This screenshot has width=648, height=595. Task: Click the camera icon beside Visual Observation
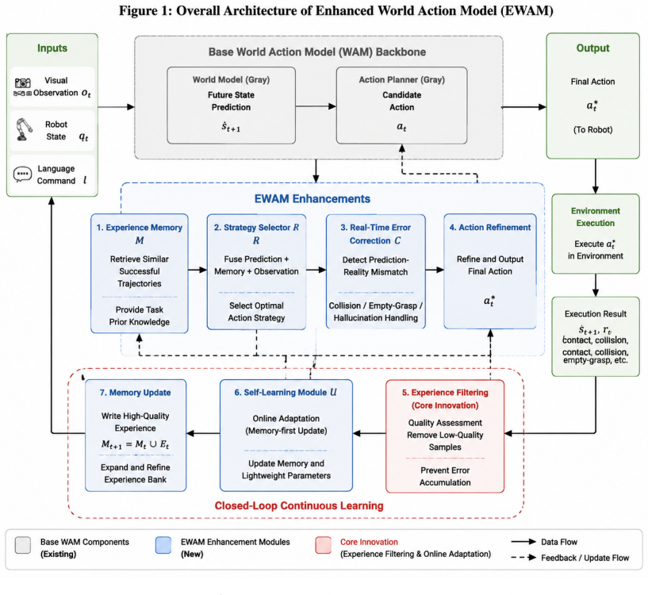click(x=23, y=83)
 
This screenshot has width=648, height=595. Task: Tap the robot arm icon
click(x=24, y=129)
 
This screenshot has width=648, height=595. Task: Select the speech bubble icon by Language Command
click(x=22, y=174)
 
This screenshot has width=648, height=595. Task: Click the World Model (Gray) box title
click(x=231, y=80)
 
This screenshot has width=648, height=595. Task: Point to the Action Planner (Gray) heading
click(x=401, y=80)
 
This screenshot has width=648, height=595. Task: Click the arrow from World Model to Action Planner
click(x=316, y=106)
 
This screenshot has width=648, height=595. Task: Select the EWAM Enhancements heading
click(x=312, y=199)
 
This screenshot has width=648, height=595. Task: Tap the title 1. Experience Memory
click(x=140, y=228)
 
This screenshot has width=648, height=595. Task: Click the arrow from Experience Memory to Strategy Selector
click(x=197, y=270)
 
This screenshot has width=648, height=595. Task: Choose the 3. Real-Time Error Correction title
click(x=376, y=234)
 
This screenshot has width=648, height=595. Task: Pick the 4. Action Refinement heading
click(x=490, y=228)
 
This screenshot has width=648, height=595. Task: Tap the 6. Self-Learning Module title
click(x=286, y=393)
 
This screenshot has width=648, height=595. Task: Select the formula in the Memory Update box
click(x=135, y=444)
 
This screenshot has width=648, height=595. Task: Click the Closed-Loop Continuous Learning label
click(x=299, y=505)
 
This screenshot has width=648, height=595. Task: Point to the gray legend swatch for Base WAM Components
click(x=23, y=545)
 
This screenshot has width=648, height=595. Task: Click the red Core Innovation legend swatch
click(x=323, y=545)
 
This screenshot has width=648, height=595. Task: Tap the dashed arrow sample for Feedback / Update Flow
click(x=523, y=558)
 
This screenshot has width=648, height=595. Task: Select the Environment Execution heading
click(x=596, y=217)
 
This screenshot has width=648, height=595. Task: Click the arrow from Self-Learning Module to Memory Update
click(x=203, y=433)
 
